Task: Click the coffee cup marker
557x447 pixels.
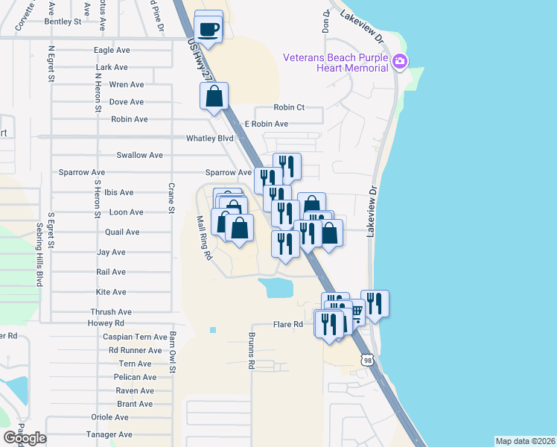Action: pos(209,29)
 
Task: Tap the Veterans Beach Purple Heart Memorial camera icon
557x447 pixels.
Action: pos(400,60)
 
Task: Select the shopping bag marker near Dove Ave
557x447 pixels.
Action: pos(214,96)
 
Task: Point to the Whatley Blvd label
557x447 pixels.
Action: pos(210,139)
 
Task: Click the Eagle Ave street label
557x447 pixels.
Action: pos(112,50)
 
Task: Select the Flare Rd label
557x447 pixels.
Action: pos(288,325)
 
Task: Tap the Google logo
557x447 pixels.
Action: pos(25,438)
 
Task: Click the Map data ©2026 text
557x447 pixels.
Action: pos(525,441)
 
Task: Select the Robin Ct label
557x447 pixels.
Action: pos(290,107)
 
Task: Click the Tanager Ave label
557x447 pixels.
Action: pos(109,435)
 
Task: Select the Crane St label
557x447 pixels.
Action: pos(171,198)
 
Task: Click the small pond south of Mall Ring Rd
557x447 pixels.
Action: pos(275,288)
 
